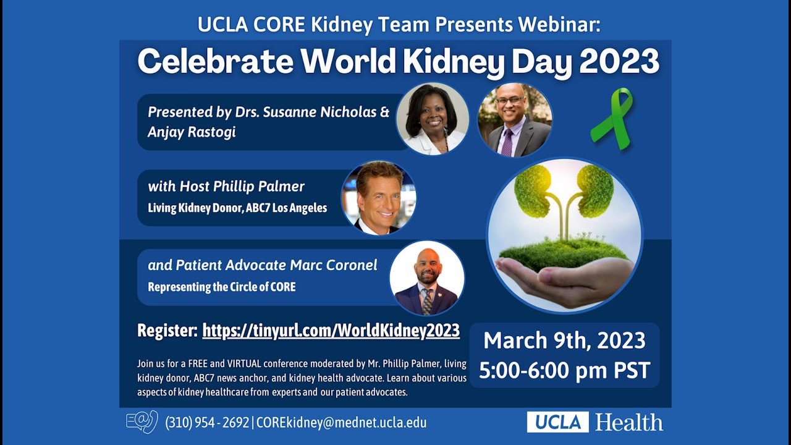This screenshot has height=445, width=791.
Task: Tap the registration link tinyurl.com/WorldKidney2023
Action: click(x=331, y=330)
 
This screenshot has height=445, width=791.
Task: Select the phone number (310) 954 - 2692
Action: click(x=206, y=423)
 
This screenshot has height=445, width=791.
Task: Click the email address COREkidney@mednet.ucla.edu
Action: click(x=341, y=423)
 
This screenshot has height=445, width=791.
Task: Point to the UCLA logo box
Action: click(x=557, y=422)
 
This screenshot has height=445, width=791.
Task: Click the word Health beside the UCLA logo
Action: click(x=629, y=422)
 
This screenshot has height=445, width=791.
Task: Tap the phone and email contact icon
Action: click(x=142, y=422)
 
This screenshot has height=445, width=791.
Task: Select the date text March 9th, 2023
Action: click(x=564, y=341)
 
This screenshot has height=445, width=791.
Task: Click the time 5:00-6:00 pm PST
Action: click(x=564, y=370)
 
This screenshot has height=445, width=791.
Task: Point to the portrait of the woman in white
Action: click(x=432, y=119)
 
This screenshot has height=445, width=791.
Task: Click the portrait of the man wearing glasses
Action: click(x=515, y=119)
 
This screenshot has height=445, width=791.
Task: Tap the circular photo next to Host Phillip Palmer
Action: click(x=379, y=198)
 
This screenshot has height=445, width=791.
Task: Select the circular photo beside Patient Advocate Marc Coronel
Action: click(x=426, y=278)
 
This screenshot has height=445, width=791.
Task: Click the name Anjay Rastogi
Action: click(x=192, y=132)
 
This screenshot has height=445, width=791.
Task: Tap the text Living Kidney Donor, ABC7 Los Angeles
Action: click(x=237, y=208)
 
